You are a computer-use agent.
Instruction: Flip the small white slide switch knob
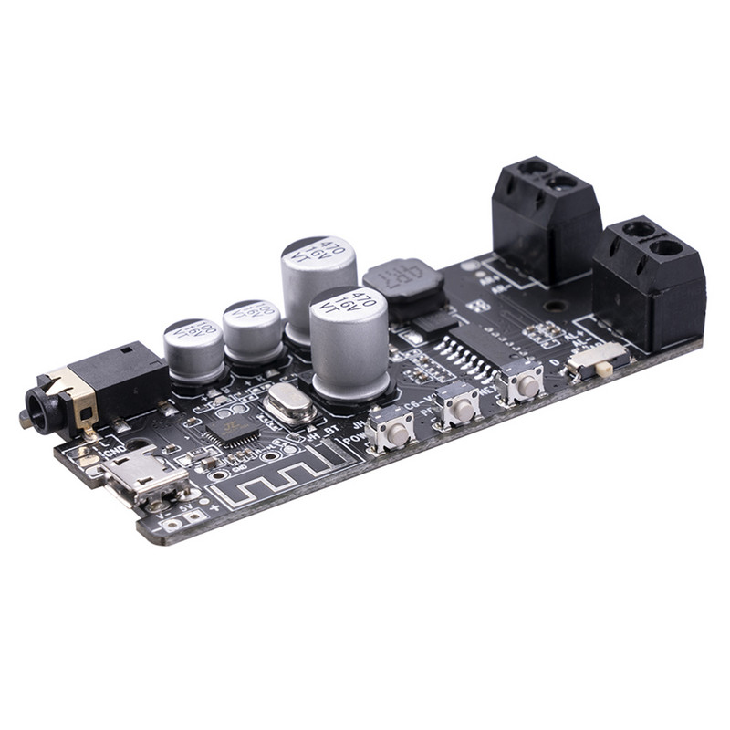tap(603, 367)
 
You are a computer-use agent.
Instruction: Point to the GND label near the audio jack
tap(114, 450)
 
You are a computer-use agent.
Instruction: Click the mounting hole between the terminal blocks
tap(551, 308)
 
